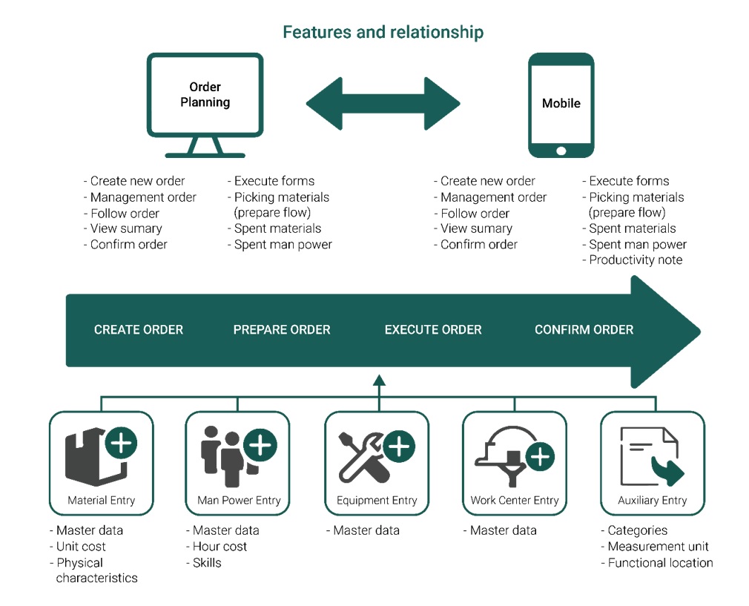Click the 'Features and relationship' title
[383, 32]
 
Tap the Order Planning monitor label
[205, 94]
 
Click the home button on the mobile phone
[561, 151]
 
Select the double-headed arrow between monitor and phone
[383, 103]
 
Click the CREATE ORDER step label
[139, 330]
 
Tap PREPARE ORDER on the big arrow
[282, 330]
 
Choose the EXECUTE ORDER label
[433, 330]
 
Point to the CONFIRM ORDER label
[584, 330]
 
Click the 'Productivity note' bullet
[633, 260]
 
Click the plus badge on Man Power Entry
[260, 446]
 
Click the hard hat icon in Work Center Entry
[507, 454]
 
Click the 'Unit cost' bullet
[78, 546]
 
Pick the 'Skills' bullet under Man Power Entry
[204, 563]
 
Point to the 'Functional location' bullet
[657, 563]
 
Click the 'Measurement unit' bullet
[655, 546]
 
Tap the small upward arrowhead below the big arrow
[379, 380]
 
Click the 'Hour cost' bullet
[217, 546]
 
